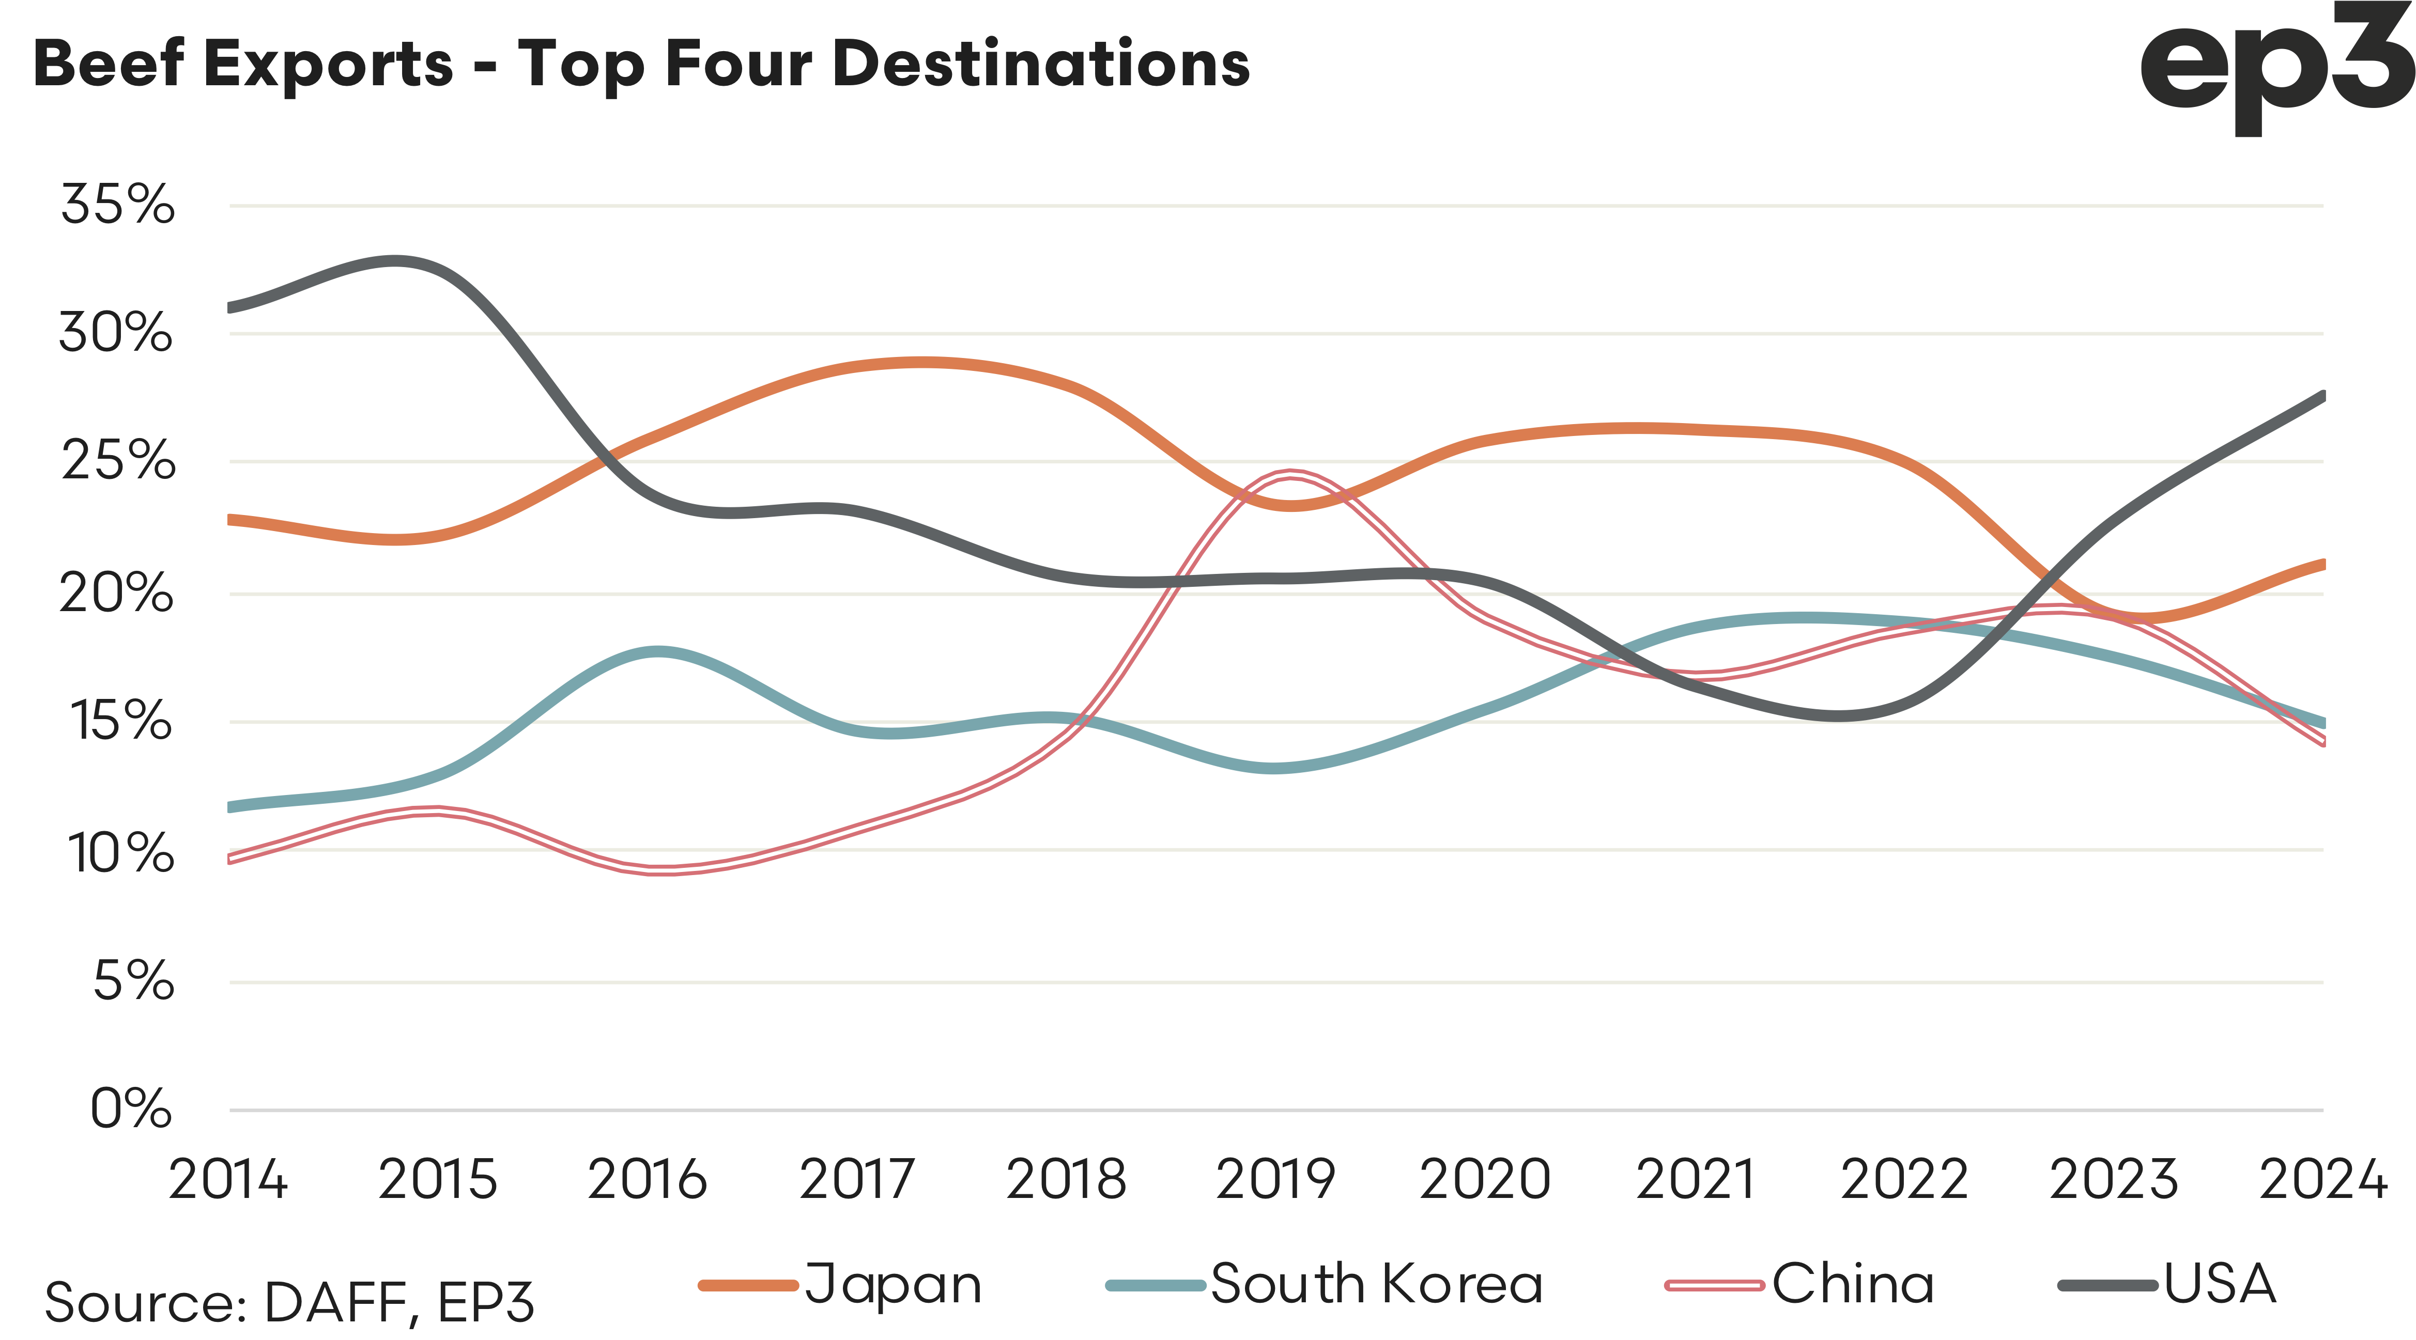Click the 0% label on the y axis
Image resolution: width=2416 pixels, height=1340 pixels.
point(131,1109)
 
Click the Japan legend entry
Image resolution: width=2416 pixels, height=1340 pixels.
point(841,1285)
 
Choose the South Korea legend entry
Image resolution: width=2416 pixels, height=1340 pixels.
point(1325,1285)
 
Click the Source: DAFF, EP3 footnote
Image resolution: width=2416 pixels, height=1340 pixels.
point(289,1302)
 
